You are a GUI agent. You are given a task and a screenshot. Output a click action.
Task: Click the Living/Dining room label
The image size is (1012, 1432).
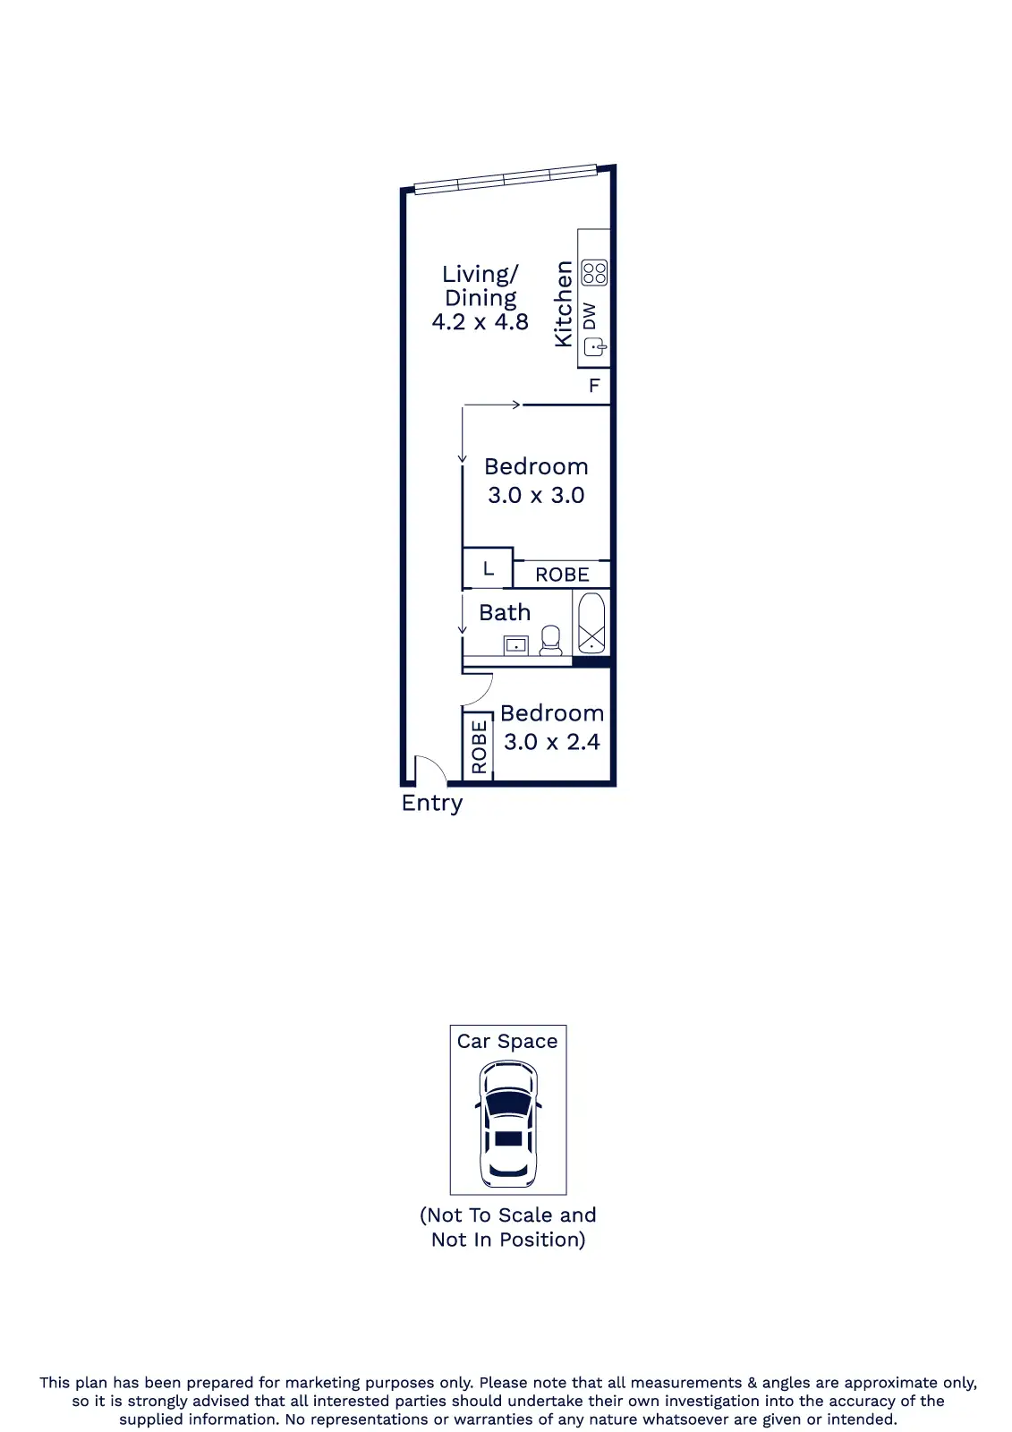pos(480,286)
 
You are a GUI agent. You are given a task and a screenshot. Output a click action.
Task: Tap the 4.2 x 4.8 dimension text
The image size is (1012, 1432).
pos(480,321)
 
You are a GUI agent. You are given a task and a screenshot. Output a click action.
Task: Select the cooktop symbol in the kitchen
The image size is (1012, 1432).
pos(594,272)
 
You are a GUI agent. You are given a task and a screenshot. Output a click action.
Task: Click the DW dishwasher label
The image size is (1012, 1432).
pos(590,316)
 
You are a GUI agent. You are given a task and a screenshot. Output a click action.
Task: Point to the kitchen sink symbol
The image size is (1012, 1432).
pos(594,347)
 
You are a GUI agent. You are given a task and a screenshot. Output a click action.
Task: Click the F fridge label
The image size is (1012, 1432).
pos(594,386)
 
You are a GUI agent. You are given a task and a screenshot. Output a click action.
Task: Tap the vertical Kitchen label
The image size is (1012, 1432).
pos(563,303)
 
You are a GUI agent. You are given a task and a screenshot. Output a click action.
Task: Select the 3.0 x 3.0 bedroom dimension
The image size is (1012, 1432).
pos(536,495)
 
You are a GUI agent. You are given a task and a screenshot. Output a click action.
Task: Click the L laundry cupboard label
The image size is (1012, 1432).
pos(489,567)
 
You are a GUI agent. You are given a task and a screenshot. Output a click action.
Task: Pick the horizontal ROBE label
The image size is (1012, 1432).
pos(562,575)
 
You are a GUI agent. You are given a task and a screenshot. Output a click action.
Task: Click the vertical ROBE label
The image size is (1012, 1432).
pos(479,746)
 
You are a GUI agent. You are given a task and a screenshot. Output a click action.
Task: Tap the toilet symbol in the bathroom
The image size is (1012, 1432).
pos(550,641)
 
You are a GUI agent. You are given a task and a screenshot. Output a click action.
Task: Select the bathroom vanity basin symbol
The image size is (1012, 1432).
pos(516,645)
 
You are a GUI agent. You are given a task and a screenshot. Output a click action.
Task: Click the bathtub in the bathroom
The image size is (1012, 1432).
pos(591,623)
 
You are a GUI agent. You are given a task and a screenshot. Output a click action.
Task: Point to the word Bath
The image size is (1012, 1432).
pos(505,612)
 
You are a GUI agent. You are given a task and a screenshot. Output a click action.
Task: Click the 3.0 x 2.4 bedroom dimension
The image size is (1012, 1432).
pos(552,742)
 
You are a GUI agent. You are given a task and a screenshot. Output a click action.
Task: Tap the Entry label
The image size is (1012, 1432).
pos(431,804)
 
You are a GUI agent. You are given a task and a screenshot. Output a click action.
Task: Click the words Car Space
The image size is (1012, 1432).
pos(507,1042)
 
